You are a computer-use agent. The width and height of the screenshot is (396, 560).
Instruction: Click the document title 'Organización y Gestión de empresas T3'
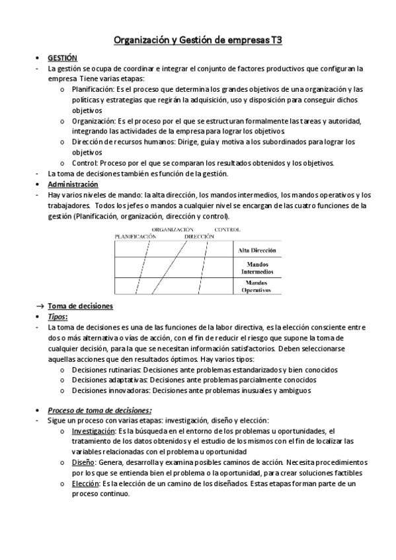point(198,40)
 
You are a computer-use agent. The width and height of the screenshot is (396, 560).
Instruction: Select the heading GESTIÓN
point(63,58)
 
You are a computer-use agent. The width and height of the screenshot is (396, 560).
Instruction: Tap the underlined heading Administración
point(73,184)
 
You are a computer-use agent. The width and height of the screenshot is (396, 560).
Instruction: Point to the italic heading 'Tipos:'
point(58,317)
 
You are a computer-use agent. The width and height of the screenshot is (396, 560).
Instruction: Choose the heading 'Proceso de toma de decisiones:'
point(99,410)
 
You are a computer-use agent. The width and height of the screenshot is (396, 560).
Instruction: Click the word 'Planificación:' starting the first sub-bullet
point(93,89)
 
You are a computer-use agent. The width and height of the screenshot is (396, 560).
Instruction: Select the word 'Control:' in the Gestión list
point(85,163)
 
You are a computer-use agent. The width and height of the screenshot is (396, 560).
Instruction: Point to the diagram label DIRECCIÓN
point(200,236)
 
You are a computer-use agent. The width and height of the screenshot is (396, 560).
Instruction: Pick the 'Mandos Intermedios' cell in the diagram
point(257,267)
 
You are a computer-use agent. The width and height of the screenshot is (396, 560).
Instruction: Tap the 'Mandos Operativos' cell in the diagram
point(257,286)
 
